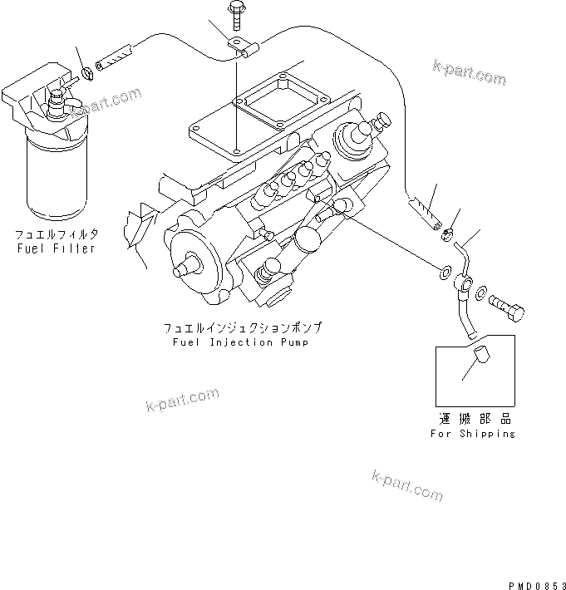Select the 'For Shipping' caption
[472, 433]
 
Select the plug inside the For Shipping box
[477, 362]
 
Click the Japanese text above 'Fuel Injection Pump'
[242, 328]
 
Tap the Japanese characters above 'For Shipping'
[472, 419]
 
